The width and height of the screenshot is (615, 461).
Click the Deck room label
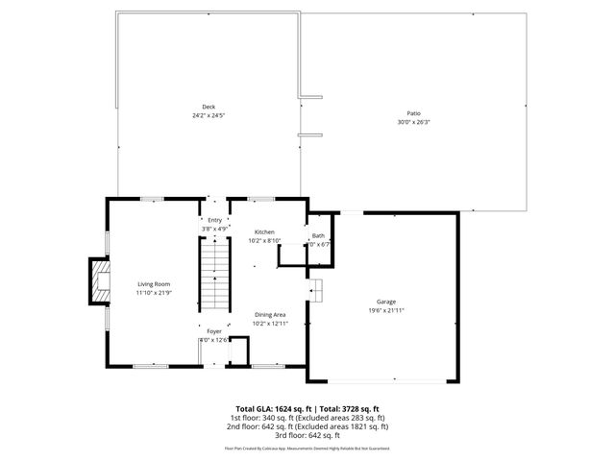[209, 106]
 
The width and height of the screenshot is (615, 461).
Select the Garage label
[385, 301]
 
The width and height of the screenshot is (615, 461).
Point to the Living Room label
[154, 284]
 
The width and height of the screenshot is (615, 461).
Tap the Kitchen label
[264, 232]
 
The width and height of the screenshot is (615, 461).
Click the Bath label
[317, 235]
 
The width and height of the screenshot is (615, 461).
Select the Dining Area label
[269, 315]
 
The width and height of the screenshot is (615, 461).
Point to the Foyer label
[213, 331]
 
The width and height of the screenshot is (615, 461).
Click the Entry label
[214, 220]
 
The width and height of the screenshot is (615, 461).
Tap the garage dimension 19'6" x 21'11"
[385, 310]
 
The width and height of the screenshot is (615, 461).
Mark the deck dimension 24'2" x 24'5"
[209, 114]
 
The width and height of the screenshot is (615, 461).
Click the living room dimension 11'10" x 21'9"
[154, 293]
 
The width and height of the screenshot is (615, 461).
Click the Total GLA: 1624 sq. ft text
[273, 408]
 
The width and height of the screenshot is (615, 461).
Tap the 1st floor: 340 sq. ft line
[307, 417]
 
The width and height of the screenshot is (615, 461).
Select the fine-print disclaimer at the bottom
[307, 448]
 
